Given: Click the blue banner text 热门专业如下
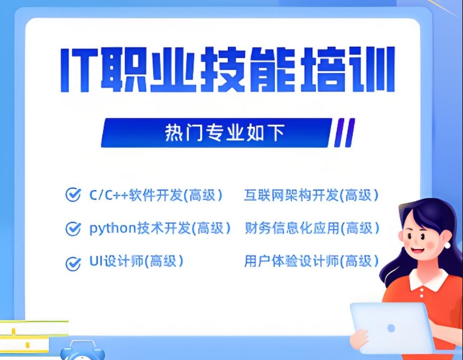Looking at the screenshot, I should pyautogui.click(x=224, y=133).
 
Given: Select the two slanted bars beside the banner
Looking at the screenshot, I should pyautogui.click(x=344, y=133).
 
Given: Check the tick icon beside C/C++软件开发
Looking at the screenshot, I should pyautogui.click(x=73, y=195).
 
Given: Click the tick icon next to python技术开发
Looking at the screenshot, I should pyautogui.click(x=73, y=228).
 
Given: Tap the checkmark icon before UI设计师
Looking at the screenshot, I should pyautogui.click(x=73, y=263).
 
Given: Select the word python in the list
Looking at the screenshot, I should pyautogui.click(x=107, y=228).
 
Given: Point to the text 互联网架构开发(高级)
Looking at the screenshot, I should pyautogui.click(x=311, y=195).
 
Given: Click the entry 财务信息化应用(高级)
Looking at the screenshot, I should pyautogui.click(x=311, y=228).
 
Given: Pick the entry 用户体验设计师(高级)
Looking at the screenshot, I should pyautogui.click(x=311, y=262).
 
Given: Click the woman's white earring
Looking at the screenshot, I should pyautogui.click(x=448, y=245).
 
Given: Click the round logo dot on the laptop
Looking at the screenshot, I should pyautogui.click(x=391, y=328).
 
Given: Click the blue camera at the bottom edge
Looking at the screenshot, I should pyautogui.click(x=82, y=352).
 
